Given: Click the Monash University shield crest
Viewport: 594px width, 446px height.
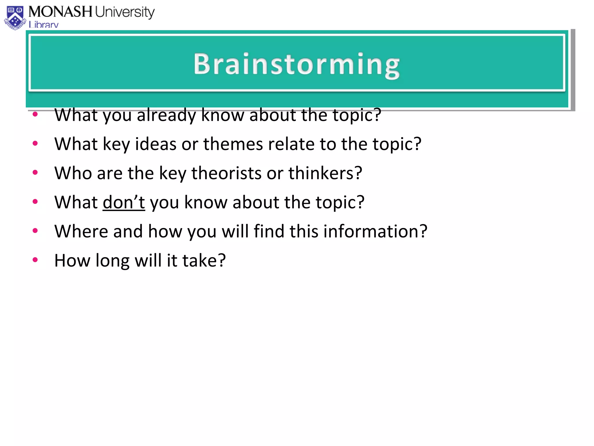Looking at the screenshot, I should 15,18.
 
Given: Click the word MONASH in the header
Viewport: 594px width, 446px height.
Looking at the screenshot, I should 60,12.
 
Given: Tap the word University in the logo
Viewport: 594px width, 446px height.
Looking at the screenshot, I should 125,12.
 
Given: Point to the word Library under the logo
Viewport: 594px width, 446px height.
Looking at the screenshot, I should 44,25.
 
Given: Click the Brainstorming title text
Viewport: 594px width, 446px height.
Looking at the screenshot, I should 296,64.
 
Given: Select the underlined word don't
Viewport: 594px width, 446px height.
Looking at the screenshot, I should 124,202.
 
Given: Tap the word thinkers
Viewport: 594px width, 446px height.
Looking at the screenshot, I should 325,173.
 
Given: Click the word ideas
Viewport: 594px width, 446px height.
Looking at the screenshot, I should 155,144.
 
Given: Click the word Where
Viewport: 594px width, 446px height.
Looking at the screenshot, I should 81,231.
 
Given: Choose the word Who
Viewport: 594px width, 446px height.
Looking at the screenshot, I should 73,173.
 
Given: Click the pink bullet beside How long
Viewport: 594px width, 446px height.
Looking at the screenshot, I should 35,260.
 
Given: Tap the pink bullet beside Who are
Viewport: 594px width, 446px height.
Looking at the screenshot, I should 35,172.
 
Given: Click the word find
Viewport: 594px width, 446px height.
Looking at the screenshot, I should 269,231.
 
